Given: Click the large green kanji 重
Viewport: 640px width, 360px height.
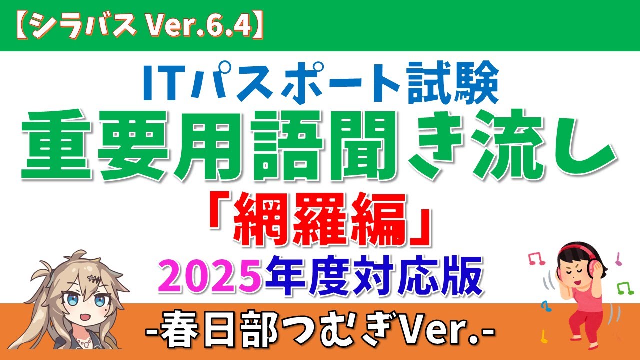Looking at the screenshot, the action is [56, 145].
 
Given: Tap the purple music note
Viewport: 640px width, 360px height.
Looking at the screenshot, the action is [618, 259].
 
